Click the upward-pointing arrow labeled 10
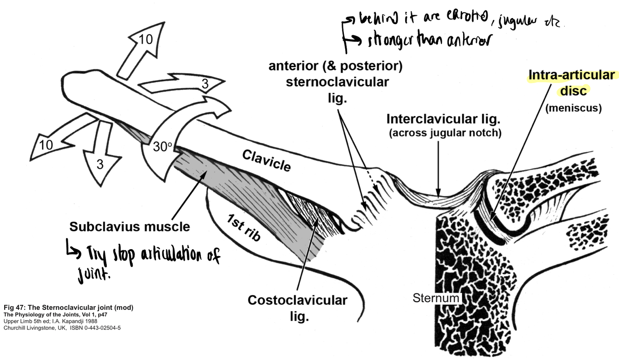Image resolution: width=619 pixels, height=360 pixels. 143,46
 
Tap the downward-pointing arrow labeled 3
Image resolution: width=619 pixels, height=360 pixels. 99,162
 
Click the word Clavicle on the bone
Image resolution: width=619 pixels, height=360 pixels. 266,161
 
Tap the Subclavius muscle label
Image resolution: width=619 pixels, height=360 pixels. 129,227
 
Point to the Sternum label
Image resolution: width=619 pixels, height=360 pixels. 436,297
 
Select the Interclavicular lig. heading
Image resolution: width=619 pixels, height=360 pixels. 443,120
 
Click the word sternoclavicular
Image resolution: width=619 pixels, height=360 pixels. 337,82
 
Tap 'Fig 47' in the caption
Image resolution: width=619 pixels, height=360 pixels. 14,308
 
